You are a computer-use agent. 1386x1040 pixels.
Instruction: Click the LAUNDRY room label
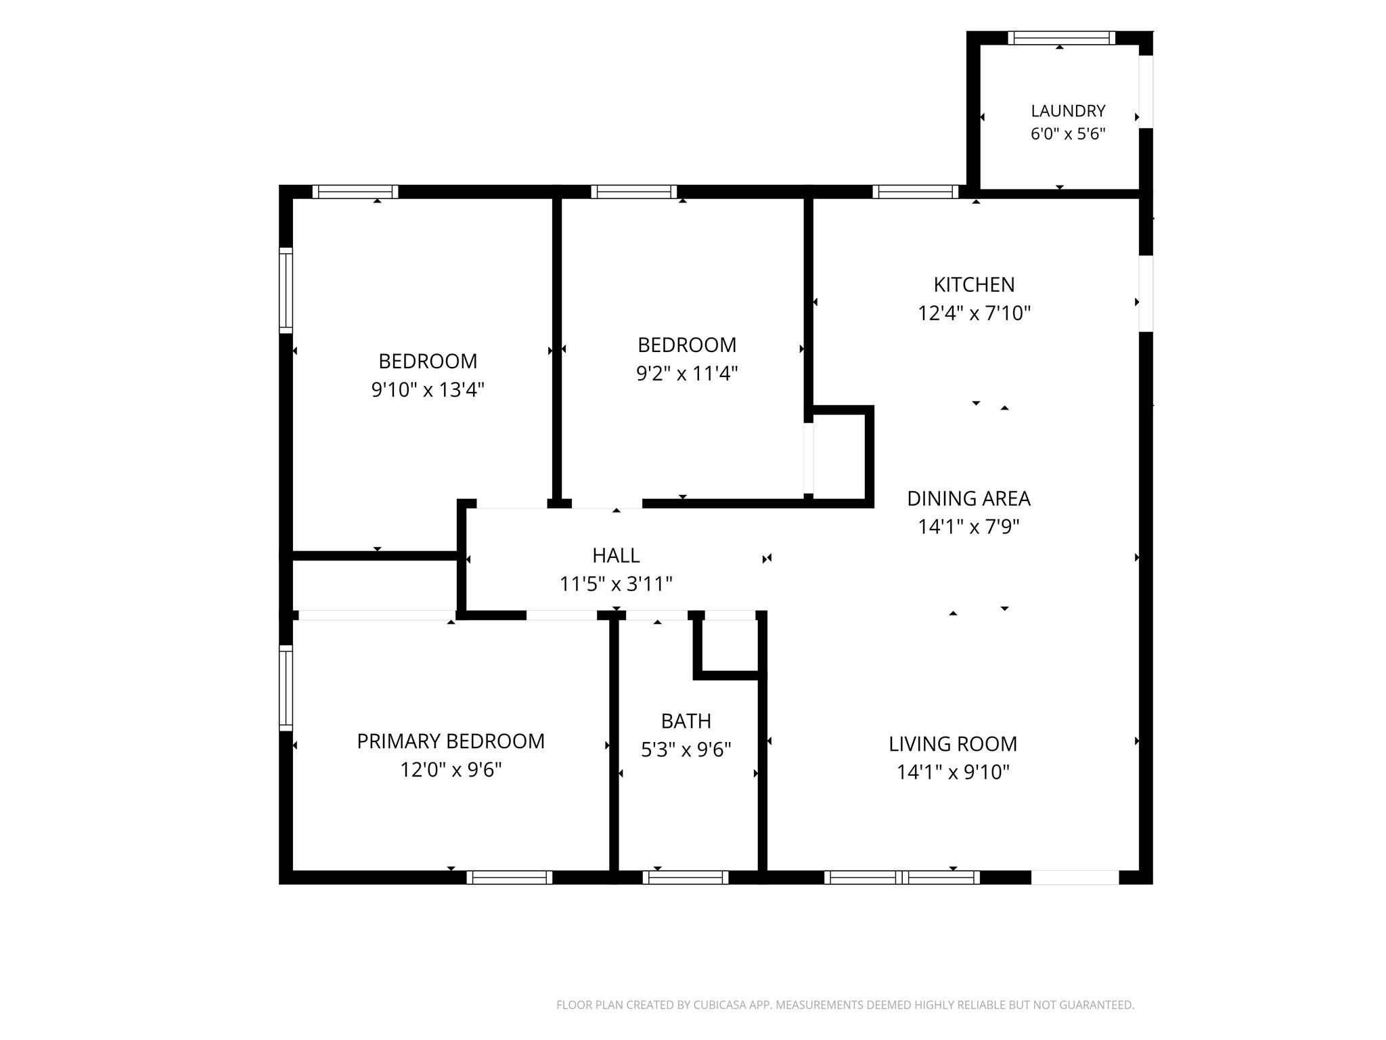point(1068,110)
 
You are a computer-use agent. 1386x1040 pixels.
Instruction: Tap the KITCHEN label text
point(974,284)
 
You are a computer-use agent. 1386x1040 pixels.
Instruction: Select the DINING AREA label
point(968,498)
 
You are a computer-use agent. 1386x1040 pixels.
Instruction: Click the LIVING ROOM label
point(953,744)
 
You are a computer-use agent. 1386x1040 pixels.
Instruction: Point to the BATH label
point(686,721)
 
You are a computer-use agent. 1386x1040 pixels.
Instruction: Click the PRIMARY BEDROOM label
point(451,741)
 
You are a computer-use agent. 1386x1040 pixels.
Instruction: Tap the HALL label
point(616,555)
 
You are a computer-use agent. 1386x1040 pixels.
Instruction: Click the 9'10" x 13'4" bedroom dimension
point(428,390)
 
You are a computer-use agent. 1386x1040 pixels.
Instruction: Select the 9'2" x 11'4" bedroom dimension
point(687,374)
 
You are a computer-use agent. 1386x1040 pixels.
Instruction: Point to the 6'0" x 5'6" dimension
point(1068,134)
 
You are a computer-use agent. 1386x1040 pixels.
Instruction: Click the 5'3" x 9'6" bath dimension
point(686,750)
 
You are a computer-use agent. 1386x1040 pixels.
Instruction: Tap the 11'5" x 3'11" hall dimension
point(616,584)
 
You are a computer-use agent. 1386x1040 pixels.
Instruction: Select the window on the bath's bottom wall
point(686,877)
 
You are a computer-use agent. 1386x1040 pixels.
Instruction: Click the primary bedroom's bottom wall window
point(510,877)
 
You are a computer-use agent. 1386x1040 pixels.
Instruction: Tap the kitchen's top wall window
point(916,192)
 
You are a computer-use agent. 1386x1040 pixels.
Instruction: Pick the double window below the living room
point(902,877)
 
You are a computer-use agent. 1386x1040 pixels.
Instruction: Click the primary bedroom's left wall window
point(286,688)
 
